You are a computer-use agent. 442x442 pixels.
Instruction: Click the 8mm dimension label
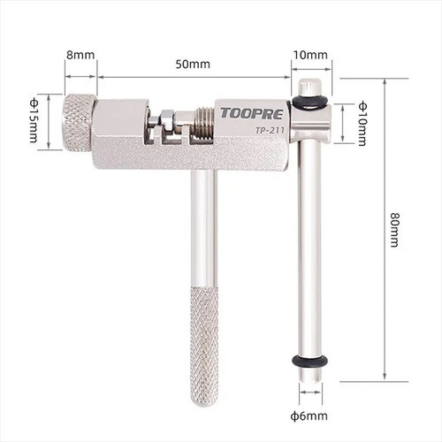(80, 55)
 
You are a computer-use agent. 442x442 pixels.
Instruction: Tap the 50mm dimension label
(194, 64)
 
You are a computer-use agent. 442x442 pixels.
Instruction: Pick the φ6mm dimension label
(311, 415)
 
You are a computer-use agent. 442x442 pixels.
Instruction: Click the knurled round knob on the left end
(78, 122)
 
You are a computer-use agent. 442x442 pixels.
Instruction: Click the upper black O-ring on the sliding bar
(309, 103)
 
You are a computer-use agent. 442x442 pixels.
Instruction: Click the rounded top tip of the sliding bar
(309, 87)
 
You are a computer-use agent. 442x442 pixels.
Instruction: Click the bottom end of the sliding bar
(309, 378)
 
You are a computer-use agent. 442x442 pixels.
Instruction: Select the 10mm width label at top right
(310, 55)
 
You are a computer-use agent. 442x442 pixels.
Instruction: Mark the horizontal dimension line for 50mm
(194, 77)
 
